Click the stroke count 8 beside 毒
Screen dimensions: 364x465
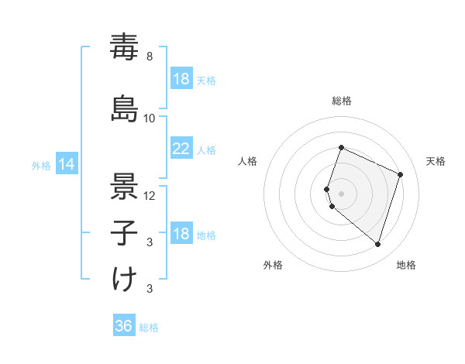tap(150, 57)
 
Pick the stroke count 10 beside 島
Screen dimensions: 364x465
tap(150, 118)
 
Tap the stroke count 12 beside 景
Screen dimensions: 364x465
tap(150, 195)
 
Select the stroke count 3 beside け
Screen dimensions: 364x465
tap(150, 289)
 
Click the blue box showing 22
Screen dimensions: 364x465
tap(181, 149)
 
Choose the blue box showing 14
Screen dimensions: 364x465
tap(66, 164)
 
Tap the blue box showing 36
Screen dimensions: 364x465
tap(123, 326)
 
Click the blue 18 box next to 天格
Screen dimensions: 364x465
tap(181, 79)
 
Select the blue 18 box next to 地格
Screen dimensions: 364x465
tap(181, 235)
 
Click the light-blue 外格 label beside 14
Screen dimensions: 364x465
tap(41, 165)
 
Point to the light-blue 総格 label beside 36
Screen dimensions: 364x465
tap(150, 328)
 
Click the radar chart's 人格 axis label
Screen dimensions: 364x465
tap(248, 161)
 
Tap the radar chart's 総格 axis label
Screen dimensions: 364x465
tap(342, 101)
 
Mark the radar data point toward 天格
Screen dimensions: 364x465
tap(400, 174)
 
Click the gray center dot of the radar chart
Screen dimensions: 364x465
tap(342, 193)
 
